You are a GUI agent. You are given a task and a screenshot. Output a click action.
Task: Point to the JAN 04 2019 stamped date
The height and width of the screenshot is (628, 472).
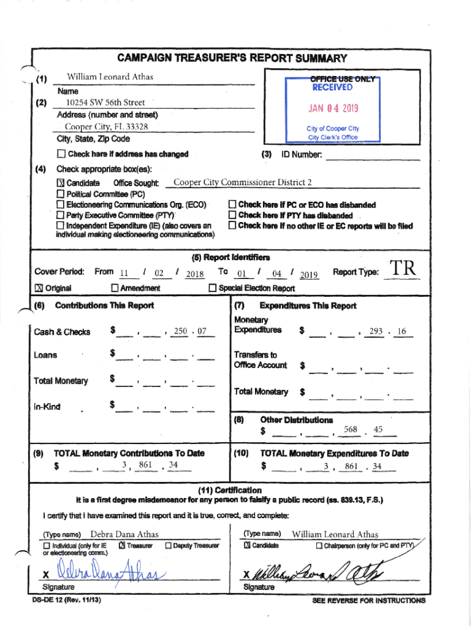click(x=333, y=109)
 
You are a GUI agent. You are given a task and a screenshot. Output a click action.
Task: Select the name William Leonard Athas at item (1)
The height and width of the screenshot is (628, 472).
click(x=110, y=77)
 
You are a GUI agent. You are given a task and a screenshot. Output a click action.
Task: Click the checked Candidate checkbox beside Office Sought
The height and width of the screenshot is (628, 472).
click(x=60, y=183)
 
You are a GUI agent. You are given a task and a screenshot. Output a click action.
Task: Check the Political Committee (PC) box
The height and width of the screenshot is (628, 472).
click(x=60, y=194)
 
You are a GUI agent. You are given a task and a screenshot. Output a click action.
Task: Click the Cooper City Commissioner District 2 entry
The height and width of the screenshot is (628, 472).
click(x=243, y=182)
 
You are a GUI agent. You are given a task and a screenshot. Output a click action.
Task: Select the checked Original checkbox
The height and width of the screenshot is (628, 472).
click(x=37, y=288)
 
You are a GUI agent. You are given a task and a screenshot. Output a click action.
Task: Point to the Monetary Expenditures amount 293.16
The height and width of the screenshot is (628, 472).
click(x=389, y=331)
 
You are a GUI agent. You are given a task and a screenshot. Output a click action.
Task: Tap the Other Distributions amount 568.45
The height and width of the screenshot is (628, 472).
click(x=365, y=429)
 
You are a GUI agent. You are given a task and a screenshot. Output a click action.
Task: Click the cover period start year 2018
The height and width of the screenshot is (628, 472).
click(x=194, y=275)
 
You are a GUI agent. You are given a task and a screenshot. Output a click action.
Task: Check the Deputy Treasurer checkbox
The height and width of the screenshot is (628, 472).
click(x=168, y=546)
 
